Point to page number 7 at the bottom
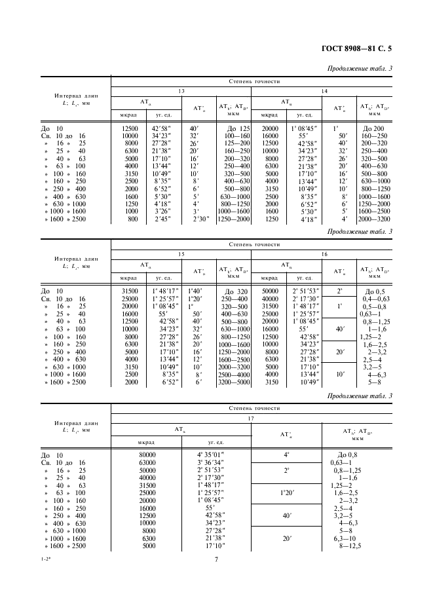(x=216, y=559)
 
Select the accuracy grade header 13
(x=181, y=91)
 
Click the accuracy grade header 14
(x=324, y=91)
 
